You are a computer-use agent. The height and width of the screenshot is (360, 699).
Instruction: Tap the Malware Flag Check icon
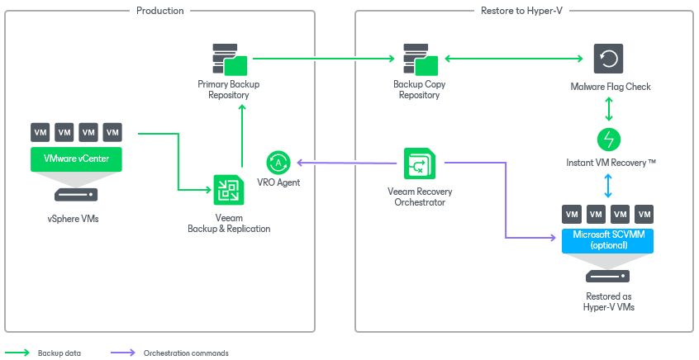click(x=609, y=59)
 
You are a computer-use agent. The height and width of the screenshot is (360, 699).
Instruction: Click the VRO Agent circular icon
click(x=278, y=162)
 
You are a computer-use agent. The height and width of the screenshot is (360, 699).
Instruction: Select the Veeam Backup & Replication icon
click(x=228, y=190)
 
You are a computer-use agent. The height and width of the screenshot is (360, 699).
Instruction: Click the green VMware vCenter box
click(x=76, y=158)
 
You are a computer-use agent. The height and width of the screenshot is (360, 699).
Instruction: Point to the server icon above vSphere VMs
click(x=76, y=196)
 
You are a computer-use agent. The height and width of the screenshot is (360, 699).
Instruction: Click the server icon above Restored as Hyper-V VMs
click(x=608, y=277)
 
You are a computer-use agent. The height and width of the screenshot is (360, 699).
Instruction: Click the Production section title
click(x=159, y=11)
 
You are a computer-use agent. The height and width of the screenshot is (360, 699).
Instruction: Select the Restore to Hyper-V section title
click(x=525, y=11)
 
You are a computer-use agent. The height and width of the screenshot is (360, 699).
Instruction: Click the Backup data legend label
click(x=59, y=353)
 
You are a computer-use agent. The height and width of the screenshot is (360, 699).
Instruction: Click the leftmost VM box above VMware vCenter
click(x=40, y=132)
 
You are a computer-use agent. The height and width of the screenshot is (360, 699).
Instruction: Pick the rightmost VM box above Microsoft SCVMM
click(x=644, y=215)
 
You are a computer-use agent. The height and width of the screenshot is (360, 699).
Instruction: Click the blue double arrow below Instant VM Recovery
click(x=609, y=185)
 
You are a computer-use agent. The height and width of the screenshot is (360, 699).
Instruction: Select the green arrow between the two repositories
click(x=322, y=59)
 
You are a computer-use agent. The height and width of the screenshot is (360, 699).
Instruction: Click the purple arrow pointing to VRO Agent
click(x=347, y=162)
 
